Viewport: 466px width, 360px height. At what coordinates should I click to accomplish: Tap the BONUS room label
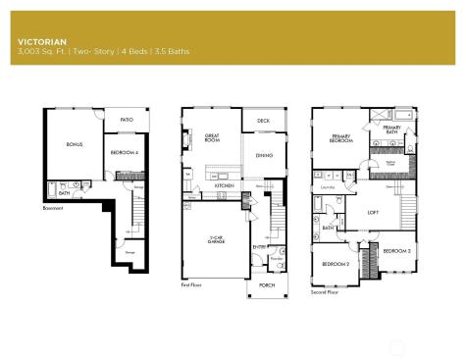[74, 145]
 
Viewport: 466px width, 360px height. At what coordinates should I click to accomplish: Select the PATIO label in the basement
[127, 120]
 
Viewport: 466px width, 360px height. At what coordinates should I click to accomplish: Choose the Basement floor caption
[53, 208]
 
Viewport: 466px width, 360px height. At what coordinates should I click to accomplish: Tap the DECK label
[263, 121]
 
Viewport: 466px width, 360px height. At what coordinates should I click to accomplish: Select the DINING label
[264, 155]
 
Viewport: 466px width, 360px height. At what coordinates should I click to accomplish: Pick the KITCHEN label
[224, 184]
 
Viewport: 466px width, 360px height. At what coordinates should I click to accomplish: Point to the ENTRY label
[259, 248]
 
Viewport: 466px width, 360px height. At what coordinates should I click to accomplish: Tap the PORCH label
[267, 284]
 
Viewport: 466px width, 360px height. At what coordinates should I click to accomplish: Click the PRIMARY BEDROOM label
[342, 138]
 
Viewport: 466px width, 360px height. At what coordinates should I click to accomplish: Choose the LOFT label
[373, 211]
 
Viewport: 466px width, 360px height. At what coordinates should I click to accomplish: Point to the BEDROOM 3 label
[396, 251]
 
